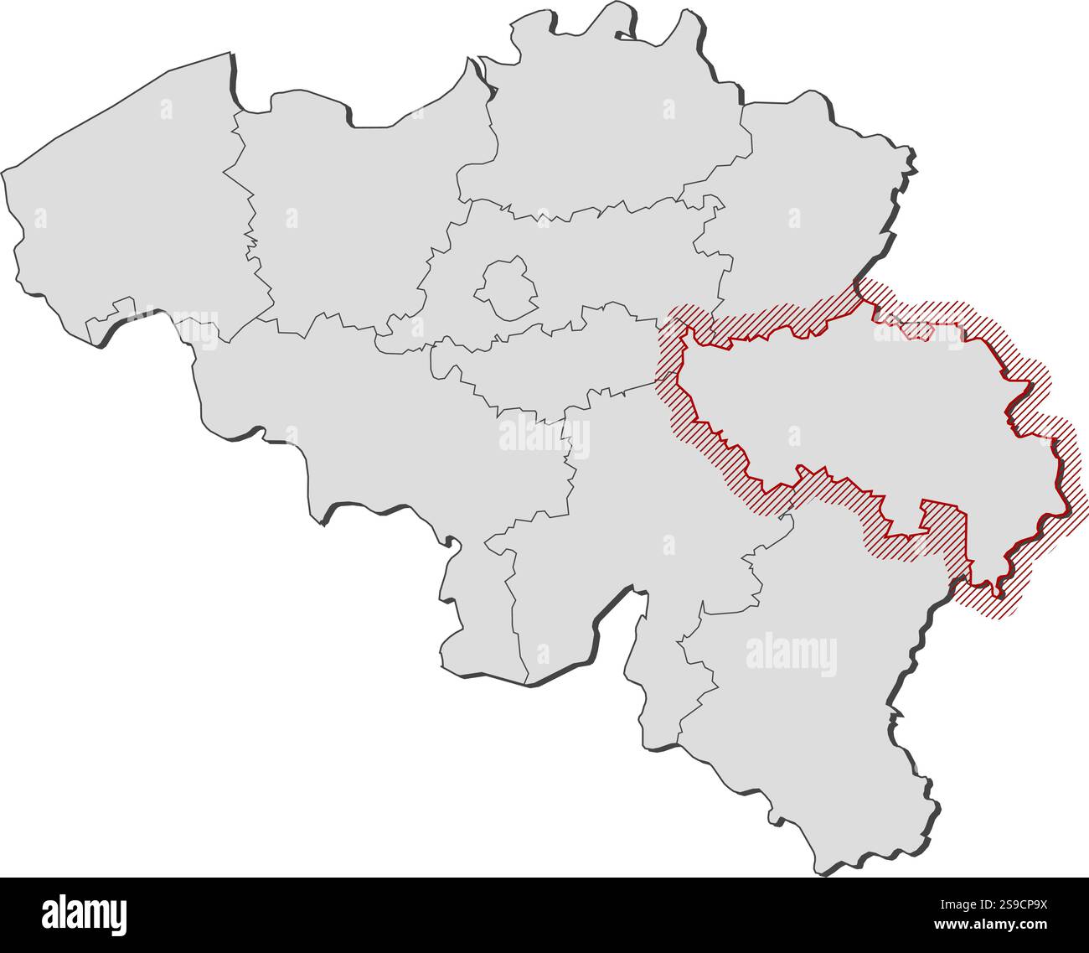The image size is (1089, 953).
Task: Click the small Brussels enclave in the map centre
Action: (x=506, y=288)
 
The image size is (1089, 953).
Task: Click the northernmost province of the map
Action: (x=612, y=126)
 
